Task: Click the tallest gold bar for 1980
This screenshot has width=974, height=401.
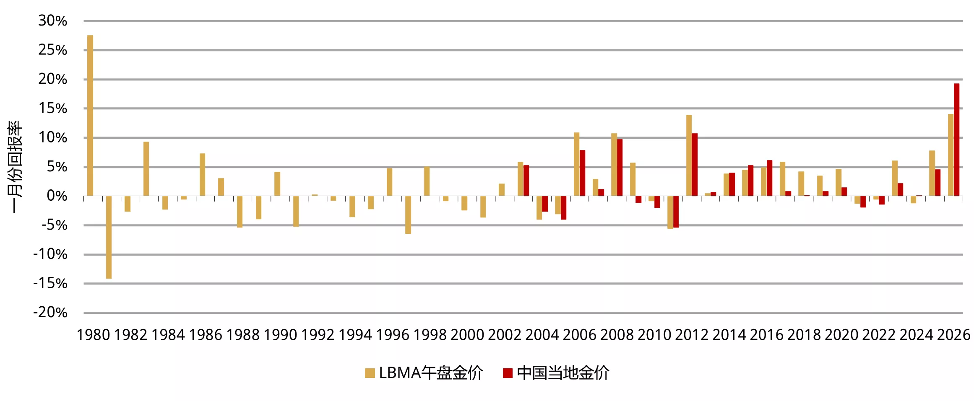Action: [90, 116]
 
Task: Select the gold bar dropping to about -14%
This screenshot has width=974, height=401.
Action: [109, 237]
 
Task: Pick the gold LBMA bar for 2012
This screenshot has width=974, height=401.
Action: [689, 155]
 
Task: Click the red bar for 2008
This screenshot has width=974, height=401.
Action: [620, 168]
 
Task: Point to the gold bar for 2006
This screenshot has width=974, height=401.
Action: [576, 164]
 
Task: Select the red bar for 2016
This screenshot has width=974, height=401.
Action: [769, 178]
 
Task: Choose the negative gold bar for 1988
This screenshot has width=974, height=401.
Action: [240, 212]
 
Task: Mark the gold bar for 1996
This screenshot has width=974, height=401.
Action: [389, 182]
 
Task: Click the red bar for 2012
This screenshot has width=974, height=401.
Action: [695, 165]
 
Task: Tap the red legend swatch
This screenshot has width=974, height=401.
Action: [508, 373]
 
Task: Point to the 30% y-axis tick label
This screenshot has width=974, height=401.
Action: [52, 21]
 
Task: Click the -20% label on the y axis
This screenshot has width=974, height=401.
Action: [50, 312]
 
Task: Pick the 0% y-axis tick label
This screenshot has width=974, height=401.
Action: [57, 196]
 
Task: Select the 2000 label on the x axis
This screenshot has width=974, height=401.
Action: [467, 335]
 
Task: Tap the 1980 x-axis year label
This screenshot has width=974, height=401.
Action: [93, 335]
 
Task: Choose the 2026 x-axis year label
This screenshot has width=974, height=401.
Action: [953, 335]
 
